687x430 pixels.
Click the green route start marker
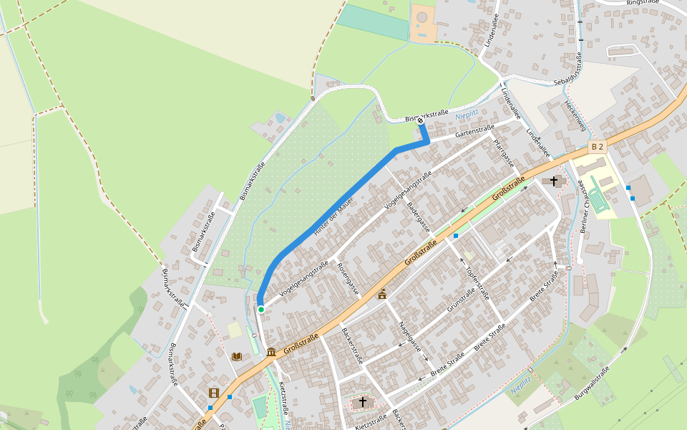(x=261, y=310)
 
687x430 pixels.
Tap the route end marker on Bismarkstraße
(x=419, y=120)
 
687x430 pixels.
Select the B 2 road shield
(x=598, y=147)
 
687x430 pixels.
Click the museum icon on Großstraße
(x=271, y=352)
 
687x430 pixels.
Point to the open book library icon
(x=237, y=355)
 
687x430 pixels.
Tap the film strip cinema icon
(x=213, y=392)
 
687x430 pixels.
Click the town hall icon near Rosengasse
(x=382, y=293)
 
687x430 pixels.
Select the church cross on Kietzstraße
(x=363, y=401)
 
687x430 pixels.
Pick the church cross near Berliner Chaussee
(x=553, y=181)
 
